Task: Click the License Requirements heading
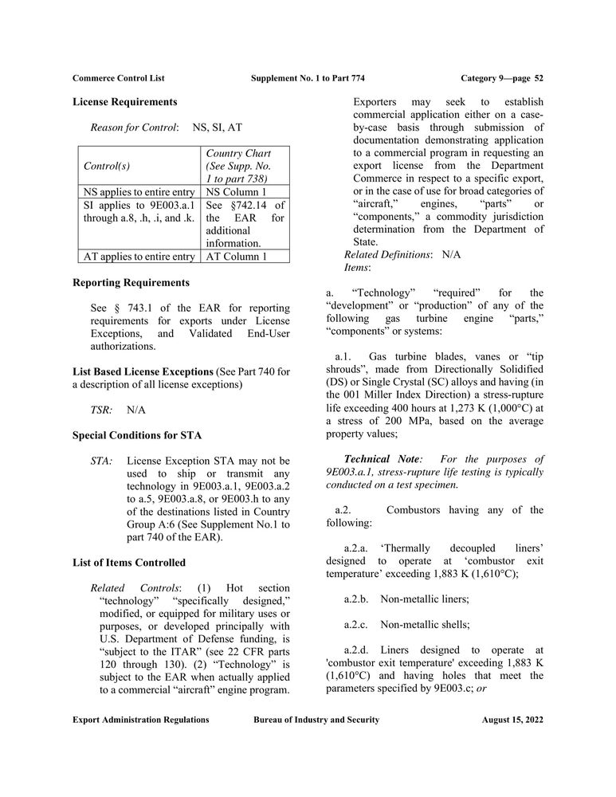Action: [x=124, y=102]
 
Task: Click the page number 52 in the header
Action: [x=539, y=77]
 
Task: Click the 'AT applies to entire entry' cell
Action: [x=139, y=256]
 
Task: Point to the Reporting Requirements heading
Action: [x=131, y=282]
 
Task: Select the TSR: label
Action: [x=101, y=410]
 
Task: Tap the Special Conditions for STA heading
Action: [x=136, y=435]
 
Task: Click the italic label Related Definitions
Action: [x=387, y=255]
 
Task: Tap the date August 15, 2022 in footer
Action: [x=512, y=720]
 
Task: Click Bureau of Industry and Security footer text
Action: [x=316, y=720]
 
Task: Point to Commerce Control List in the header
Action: [x=119, y=77]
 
